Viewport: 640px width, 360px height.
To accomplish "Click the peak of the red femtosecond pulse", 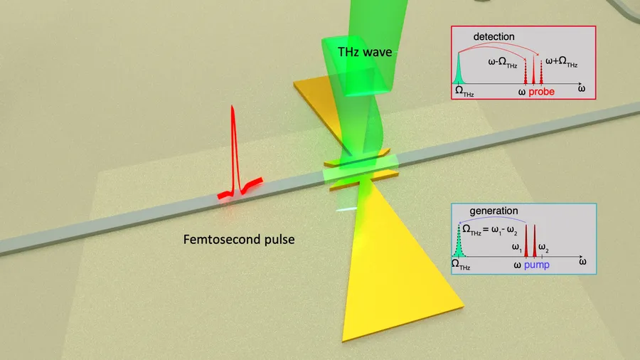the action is point(233,106).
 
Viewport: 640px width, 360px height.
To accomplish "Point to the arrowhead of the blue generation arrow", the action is point(460,223).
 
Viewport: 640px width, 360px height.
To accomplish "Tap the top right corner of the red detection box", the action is point(596,26).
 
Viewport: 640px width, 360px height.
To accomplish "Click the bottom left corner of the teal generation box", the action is point(452,274).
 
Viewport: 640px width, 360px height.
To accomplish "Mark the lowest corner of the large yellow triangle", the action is point(343,341).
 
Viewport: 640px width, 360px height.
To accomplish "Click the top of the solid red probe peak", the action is point(533,55).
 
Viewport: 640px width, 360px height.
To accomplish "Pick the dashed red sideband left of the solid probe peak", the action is point(526,72).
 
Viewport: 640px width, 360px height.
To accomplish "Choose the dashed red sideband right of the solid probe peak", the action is point(541,73).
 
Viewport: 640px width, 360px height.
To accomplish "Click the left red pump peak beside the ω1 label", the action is point(526,240).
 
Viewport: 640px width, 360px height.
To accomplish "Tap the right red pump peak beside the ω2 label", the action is point(535,240).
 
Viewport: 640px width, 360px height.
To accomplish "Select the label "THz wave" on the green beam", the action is point(365,52).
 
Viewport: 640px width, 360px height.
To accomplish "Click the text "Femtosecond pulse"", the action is point(239,239).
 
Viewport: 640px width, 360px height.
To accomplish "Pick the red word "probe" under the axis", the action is point(542,92).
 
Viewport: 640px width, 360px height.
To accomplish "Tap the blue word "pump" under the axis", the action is point(537,265).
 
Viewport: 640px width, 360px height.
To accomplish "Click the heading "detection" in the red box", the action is point(494,37).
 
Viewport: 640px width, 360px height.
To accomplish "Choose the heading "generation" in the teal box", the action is point(494,211).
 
